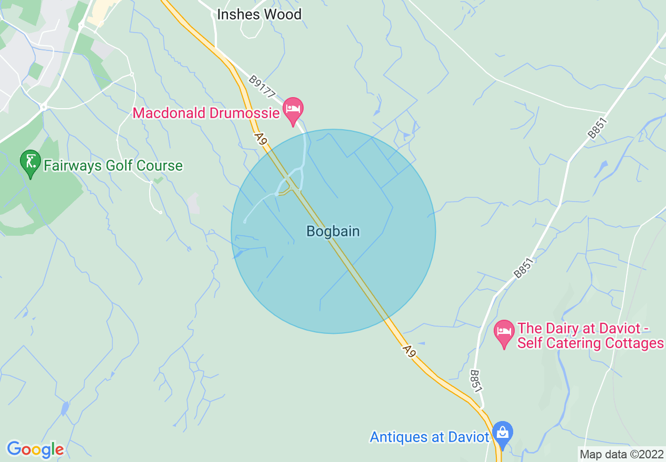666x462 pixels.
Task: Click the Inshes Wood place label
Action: tap(259, 14)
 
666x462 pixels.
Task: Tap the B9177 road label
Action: tap(262, 87)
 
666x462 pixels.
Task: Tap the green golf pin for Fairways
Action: tap(30, 163)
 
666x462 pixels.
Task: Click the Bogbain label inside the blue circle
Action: tap(333, 231)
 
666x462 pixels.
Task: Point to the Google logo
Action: tap(35, 449)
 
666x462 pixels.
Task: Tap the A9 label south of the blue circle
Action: tap(409, 351)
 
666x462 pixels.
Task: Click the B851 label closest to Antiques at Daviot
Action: tap(475, 381)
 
